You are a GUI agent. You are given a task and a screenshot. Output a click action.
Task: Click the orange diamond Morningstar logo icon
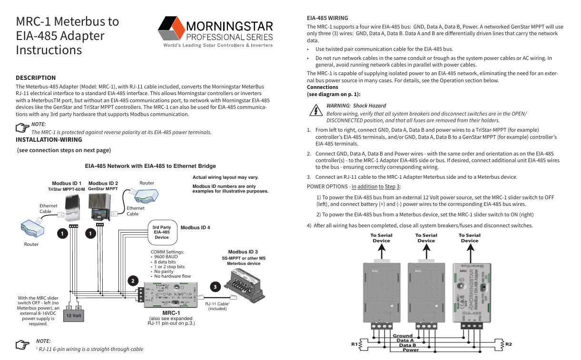171,29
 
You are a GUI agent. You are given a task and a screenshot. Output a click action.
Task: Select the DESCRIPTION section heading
36,78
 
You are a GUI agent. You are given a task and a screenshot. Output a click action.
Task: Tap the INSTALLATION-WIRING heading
49,140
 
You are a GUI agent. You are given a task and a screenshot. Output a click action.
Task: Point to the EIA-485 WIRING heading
327,18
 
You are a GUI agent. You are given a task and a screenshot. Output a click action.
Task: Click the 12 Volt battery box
74,315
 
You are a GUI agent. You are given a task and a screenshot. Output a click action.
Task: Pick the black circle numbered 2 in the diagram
132,281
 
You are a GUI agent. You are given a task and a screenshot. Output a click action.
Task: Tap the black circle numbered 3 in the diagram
215,287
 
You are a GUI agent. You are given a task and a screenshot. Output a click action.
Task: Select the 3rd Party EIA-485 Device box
162,232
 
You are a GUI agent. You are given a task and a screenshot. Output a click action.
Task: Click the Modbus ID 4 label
195,227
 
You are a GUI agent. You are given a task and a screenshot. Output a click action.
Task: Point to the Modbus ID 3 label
243,252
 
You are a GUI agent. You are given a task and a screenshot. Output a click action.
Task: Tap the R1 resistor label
354,344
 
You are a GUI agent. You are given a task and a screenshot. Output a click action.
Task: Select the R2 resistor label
509,344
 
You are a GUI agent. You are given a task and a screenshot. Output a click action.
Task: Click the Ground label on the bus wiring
403,336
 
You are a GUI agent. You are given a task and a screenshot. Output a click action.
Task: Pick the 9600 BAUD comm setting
166,257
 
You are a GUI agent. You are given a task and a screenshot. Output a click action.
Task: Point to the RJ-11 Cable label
217,303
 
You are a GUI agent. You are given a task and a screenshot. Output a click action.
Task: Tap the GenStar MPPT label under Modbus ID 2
103,189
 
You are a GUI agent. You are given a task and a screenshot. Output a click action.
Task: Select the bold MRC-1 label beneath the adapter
171,313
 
